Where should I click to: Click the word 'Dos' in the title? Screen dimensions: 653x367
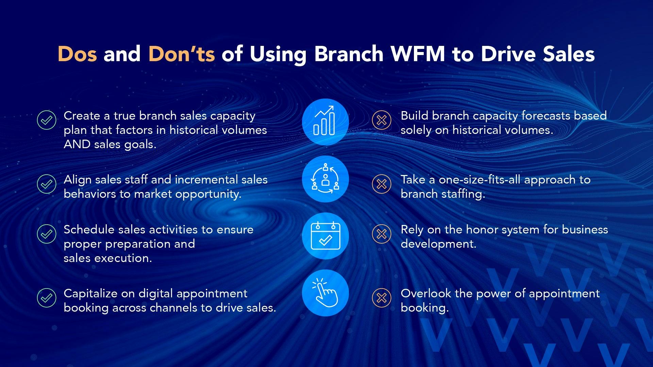(x=77, y=54)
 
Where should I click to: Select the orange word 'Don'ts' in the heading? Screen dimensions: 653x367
(x=182, y=54)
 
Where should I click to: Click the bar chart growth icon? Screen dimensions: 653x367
(x=325, y=122)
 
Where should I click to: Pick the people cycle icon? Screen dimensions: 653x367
(x=325, y=179)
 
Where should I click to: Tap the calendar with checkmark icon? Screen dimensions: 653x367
(x=325, y=236)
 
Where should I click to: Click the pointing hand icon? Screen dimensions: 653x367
(x=325, y=293)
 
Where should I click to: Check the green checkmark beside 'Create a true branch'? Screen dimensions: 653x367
(x=47, y=120)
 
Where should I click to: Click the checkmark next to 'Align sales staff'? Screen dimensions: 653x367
(x=47, y=184)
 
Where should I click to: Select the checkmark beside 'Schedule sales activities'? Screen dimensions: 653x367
(x=47, y=234)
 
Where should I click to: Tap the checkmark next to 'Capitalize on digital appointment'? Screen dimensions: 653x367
(x=47, y=298)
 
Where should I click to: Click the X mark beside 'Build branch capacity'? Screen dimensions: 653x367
(x=382, y=120)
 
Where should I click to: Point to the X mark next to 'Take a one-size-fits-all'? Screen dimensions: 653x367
(x=382, y=184)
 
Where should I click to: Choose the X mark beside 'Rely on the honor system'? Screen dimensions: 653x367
(x=382, y=234)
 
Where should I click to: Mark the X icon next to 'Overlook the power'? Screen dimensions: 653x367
(x=382, y=298)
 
